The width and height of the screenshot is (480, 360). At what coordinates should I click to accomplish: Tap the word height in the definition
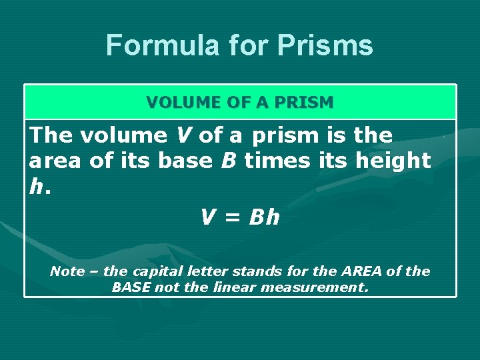coord(394,161)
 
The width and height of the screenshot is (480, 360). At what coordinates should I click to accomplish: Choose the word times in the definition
coord(277,161)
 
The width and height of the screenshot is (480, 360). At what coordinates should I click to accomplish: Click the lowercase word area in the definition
coord(55,161)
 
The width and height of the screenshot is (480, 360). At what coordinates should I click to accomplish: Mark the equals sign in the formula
coord(231,217)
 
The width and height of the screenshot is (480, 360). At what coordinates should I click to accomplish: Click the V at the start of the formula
coord(208,217)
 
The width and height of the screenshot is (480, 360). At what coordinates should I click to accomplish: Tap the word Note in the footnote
coord(67,271)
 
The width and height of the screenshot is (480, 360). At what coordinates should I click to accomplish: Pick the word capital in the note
coord(155,271)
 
